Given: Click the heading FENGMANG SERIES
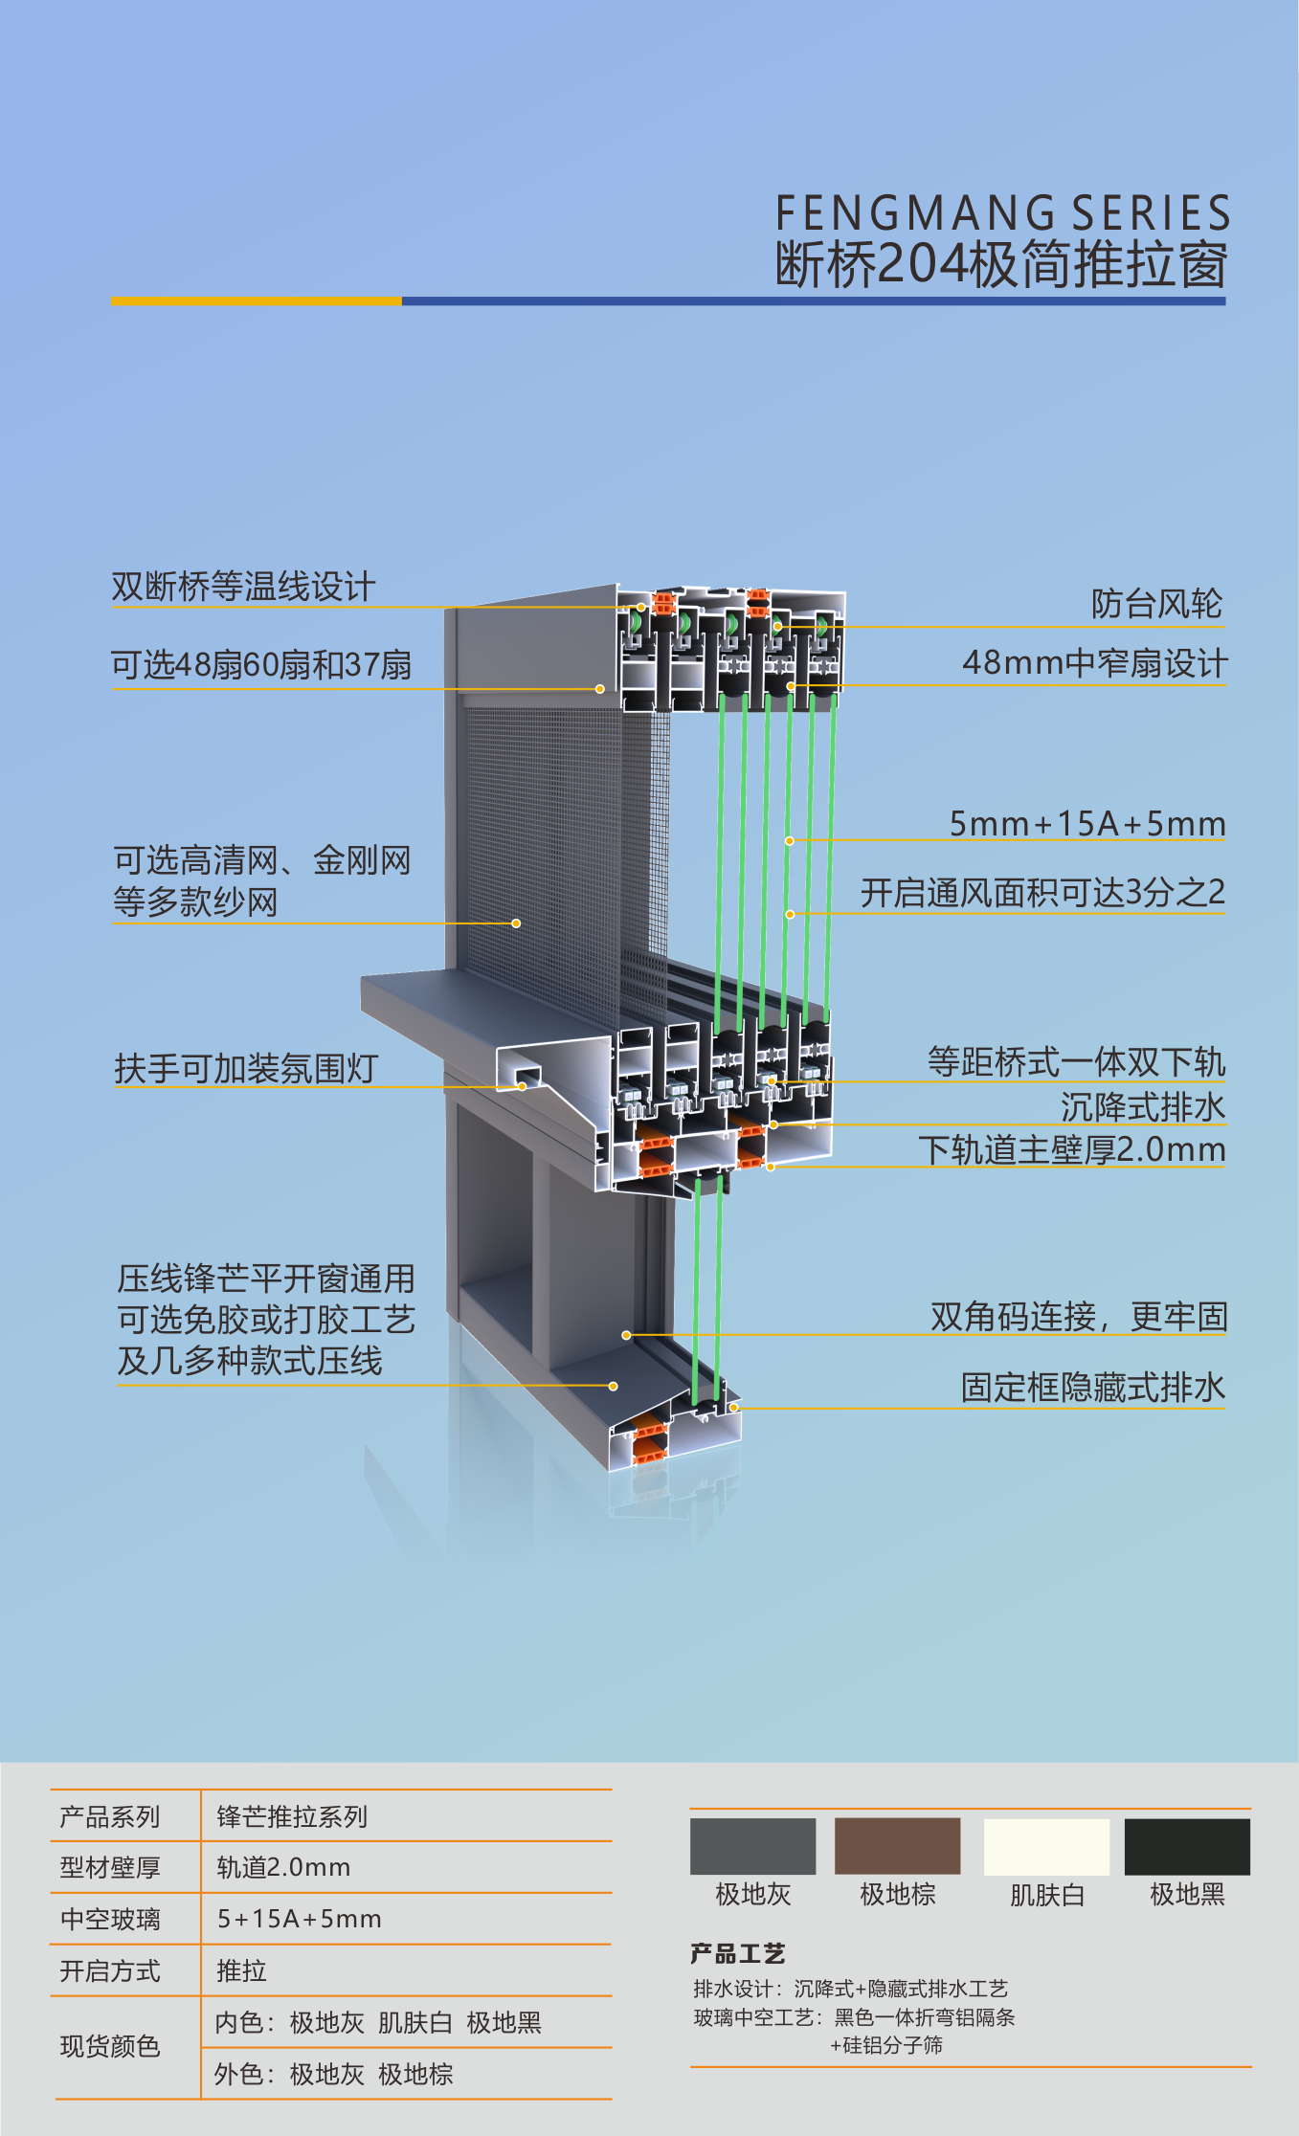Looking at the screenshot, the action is click(x=1002, y=213).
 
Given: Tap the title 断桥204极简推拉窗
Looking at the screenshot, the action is click(x=1001, y=264).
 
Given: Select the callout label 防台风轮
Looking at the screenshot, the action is click(x=1156, y=604).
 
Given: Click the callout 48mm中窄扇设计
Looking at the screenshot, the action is click(x=1094, y=662).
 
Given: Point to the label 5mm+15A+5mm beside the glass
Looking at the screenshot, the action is click(x=1087, y=823).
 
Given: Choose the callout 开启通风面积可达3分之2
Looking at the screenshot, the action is click(x=1042, y=893).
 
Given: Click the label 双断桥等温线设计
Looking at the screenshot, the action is click(x=243, y=587).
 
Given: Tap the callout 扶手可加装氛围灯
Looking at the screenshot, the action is click(x=246, y=1069).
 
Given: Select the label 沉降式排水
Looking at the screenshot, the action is click(x=1143, y=1107).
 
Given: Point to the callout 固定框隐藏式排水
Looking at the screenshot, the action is click(x=1093, y=1388).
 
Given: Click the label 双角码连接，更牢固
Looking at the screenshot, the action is click(x=1079, y=1317).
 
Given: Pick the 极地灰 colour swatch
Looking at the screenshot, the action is click(x=752, y=1846).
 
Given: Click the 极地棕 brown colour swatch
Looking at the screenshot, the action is click(x=897, y=1846).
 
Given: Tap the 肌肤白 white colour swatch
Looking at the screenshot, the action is click(x=1046, y=1846).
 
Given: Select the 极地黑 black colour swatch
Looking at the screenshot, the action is click(x=1187, y=1846).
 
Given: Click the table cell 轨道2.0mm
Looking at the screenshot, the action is click(x=283, y=1867).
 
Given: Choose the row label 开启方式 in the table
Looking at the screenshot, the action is click(x=110, y=1970).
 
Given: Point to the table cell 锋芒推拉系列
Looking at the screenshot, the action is click(x=292, y=1815).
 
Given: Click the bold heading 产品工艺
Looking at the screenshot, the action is click(x=737, y=1953).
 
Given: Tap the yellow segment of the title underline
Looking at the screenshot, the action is click(x=256, y=300).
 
